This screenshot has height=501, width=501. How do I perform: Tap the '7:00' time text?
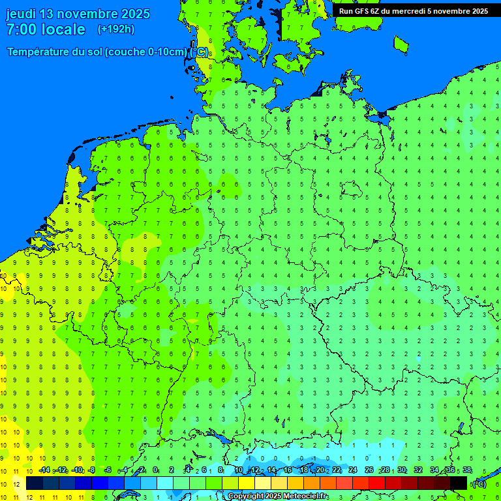(21, 29)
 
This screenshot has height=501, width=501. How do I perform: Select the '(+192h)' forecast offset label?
(115, 29)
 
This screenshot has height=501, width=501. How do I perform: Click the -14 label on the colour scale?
(44, 470)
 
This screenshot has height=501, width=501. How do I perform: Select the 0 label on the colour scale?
(155, 470)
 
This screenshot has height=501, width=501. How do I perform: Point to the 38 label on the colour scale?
(467, 470)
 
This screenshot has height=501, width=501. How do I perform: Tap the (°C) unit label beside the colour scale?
(479, 483)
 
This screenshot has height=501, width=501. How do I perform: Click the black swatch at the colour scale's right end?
(459, 483)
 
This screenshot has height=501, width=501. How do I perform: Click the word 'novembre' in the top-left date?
(90, 14)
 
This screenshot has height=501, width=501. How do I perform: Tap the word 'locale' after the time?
(63, 29)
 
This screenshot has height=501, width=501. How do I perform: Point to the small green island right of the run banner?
(401, 44)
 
